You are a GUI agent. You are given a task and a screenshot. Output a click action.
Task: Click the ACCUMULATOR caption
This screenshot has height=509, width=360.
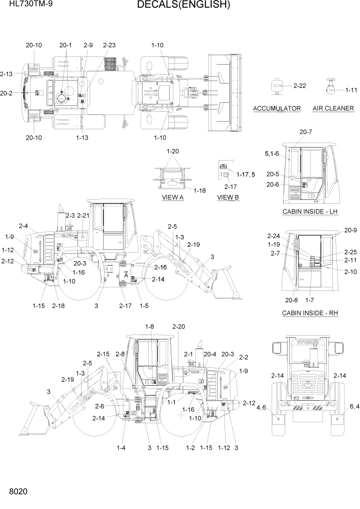click(277, 108)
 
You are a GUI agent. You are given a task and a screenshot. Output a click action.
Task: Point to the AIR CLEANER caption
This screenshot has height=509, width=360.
click(333, 108)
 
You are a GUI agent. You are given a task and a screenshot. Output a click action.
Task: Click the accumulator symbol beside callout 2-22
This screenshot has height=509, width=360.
click(277, 86)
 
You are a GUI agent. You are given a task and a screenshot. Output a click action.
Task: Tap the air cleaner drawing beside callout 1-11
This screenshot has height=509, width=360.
click(330, 88)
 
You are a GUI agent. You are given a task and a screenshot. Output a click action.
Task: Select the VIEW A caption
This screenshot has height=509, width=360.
click(173, 197)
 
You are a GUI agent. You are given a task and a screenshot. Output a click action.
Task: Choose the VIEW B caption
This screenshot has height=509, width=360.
click(228, 197)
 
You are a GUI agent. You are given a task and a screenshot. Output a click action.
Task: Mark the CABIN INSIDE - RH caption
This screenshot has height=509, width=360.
click(310, 313)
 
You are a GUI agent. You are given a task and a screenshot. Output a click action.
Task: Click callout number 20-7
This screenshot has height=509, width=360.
click(305, 132)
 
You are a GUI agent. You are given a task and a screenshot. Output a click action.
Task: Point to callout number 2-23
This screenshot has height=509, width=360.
click(109, 45)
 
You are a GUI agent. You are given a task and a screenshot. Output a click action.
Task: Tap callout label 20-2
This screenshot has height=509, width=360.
click(7, 93)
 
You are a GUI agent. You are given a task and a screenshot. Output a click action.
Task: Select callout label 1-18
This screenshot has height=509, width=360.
click(199, 190)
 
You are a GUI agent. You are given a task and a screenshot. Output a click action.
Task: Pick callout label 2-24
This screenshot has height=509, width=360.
click(274, 236)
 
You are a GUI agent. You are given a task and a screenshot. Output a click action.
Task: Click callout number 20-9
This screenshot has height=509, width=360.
click(350, 230)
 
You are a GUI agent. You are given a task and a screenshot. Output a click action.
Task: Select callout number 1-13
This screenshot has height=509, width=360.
click(82, 138)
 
